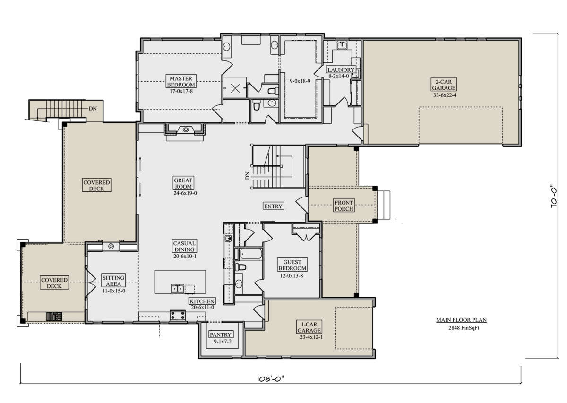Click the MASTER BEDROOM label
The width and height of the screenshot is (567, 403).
[x=180, y=82]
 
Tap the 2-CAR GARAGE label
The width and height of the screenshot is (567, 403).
[x=444, y=85]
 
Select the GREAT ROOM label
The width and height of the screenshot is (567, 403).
[x=183, y=183]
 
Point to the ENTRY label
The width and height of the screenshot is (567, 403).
[x=273, y=206]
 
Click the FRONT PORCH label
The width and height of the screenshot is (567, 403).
[x=344, y=206]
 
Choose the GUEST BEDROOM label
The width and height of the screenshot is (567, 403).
[x=292, y=265]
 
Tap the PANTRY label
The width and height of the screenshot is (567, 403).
[x=221, y=334]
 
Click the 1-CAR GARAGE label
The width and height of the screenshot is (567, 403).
[x=309, y=327]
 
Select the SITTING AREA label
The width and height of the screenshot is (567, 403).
[x=113, y=281]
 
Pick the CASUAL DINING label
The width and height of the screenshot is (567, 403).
[x=184, y=246]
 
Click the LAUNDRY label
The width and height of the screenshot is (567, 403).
[x=341, y=69]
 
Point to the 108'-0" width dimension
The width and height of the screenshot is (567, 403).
[x=271, y=379]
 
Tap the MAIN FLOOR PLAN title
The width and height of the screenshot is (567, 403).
[x=461, y=320]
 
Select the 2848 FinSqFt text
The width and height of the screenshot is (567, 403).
[x=464, y=328]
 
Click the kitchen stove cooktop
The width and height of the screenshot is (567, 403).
[x=178, y=316]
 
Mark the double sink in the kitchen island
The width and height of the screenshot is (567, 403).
[x=178, y=289]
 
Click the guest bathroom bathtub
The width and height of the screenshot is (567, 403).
[x=250, y=254]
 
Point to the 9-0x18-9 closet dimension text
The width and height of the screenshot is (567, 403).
[x=300, y=81]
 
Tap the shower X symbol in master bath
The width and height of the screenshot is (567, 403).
[x=235, y=88]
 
